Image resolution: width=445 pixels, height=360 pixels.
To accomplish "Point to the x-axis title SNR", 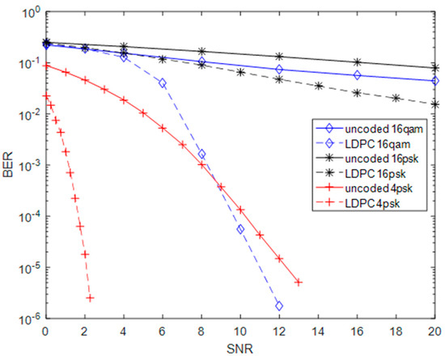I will (239, 349).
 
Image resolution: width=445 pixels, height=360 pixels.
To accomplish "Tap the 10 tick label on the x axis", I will (239, 332).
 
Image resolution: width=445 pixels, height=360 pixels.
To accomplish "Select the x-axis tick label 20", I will (434, 332).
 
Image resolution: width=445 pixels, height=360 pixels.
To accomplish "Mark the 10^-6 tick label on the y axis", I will (28, 318).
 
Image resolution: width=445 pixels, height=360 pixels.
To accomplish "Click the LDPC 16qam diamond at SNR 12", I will (279, 306).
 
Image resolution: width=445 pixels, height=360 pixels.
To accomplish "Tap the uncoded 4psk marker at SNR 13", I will (299, 282).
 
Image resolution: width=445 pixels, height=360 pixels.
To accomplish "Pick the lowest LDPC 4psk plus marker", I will (89, 299).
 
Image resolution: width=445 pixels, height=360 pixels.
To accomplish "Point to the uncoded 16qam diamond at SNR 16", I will (357, 75).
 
